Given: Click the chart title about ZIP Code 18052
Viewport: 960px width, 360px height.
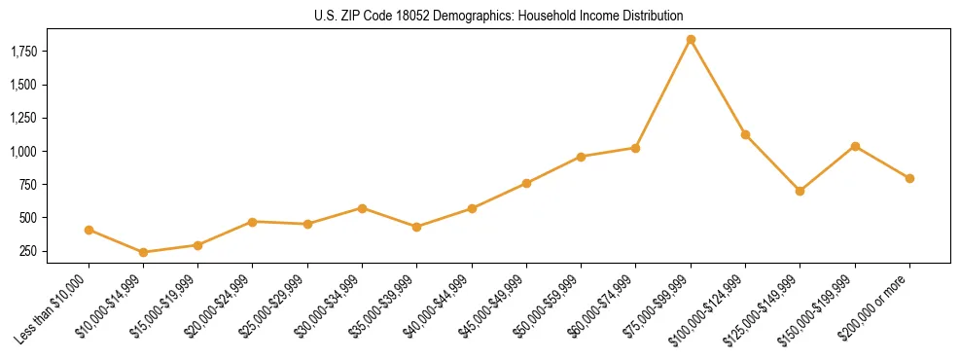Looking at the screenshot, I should coord(499,16).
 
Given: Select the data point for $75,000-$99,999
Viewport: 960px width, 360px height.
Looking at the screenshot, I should coord(691,40).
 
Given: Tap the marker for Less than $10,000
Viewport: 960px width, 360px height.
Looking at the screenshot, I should coord(89,231).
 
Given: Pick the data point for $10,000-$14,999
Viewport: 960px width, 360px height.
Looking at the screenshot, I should coord(143,252).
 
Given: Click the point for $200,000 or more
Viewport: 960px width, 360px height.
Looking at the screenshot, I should coord(909,178).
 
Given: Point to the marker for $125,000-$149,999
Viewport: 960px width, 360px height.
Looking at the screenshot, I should coord(800,191).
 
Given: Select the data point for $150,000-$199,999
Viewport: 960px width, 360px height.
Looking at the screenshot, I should coord(855,146).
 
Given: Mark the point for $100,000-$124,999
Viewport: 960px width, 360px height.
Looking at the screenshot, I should coord(745,134).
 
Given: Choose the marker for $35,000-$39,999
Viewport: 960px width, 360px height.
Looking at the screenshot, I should coord(416,227).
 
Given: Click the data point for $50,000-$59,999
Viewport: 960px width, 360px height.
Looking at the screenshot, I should coord(581,157).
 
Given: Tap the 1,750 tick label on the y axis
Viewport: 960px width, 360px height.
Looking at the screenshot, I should coord(37,51).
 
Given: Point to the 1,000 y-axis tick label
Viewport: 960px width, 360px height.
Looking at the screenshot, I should coord(37,152).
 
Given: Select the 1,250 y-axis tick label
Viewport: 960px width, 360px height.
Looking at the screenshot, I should coord(37,118).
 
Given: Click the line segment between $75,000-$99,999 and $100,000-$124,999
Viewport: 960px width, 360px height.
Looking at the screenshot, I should coord(718,88).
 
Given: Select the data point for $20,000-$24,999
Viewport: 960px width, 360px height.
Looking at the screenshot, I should coord(253,222).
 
